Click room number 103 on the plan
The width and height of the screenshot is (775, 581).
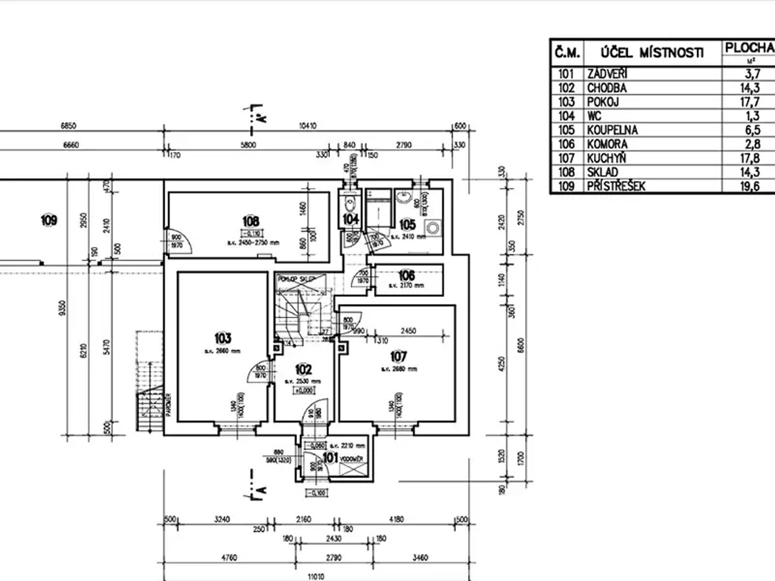click(x=223, y=338)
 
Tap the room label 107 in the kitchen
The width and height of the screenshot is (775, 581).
click(x=398, y=356)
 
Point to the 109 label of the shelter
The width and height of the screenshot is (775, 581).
click(x=48, y=221)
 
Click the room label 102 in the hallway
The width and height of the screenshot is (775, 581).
click(x=303, y=370)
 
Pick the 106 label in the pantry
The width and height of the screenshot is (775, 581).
click(x=406, y=276)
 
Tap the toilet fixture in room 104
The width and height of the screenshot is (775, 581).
click(x=349, y=203)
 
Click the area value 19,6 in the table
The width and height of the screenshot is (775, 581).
click(x=750, y=187)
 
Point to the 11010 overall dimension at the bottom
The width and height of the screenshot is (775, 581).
click(x=315, y=576)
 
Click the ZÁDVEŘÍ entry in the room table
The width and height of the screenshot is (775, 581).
click(x=606, y=74)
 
